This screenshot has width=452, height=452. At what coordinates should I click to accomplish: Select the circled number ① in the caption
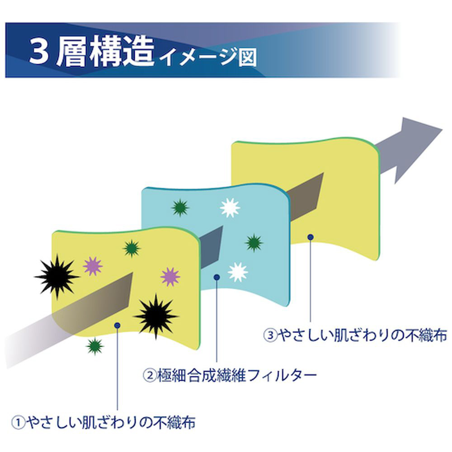(17, 423)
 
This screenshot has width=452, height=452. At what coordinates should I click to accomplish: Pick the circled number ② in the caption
(150, 375)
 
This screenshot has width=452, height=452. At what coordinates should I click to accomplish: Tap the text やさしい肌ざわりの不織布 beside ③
(362, 335)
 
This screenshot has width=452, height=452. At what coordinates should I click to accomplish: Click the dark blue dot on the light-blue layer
(217, 277)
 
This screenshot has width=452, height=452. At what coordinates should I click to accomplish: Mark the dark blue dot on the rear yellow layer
(310, 236)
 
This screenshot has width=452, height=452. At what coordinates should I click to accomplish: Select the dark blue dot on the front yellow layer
(117, 325)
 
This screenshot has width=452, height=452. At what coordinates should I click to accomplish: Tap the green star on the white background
(94, 346)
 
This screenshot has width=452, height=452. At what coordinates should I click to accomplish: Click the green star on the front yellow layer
(132, 248)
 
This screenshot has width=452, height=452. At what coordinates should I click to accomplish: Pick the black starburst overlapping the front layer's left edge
(56, 275)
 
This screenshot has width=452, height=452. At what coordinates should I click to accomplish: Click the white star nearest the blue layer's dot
(238, 272)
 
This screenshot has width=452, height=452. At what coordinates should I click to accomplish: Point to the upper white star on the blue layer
(230, 207)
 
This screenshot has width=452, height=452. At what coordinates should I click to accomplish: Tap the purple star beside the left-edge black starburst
(93, 266)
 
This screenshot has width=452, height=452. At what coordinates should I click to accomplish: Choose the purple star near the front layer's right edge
(170, 276)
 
